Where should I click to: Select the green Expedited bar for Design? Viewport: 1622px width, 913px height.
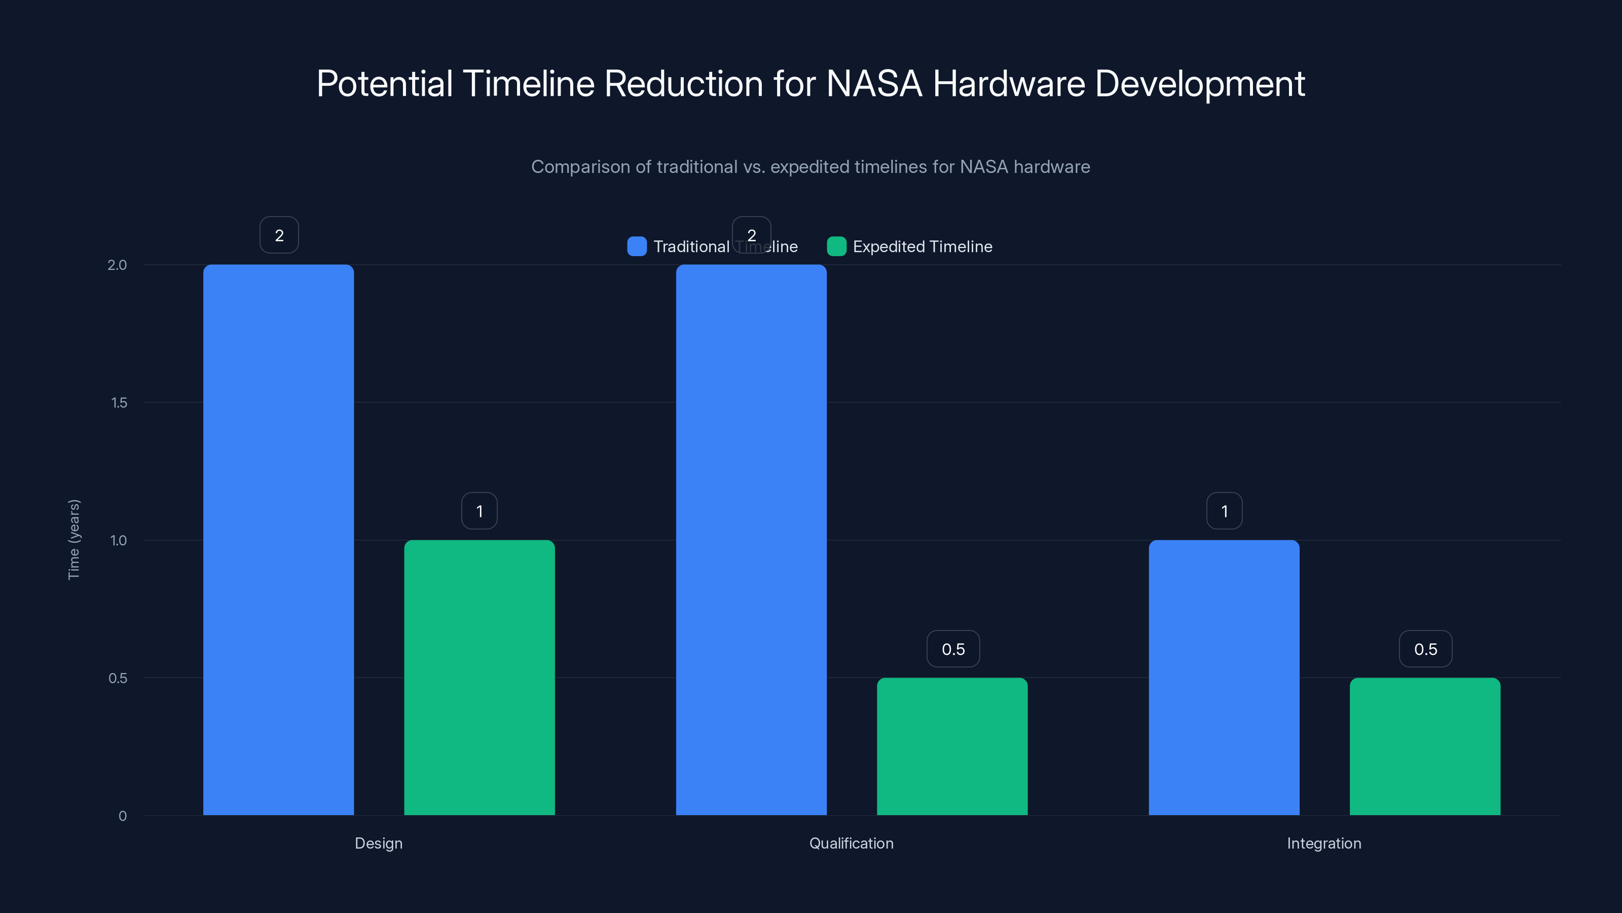(479, 677)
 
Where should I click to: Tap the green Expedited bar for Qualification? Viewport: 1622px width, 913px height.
(952, 746)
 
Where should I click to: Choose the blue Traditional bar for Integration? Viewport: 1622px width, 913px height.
(1224, 677)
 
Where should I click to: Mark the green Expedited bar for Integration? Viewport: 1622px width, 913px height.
(1425, 746)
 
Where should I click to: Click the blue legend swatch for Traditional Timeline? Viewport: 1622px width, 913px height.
(637, 247)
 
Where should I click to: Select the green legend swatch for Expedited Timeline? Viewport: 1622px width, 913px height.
(836, 247)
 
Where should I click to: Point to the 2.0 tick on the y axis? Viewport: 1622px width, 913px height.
(117, 265)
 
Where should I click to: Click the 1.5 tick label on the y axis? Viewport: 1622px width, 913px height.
(119, 403)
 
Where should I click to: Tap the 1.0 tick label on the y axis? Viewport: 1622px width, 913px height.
(119, 540)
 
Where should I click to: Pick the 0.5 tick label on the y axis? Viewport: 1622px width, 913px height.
(118, 678)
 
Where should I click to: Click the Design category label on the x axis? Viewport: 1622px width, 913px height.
(379, 843)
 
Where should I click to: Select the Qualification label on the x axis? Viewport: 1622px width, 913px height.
(852, 843)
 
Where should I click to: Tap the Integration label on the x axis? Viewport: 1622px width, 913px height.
(1324, 843)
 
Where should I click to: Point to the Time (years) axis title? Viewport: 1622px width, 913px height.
(73, 539)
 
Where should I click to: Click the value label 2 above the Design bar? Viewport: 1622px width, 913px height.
(279, 235)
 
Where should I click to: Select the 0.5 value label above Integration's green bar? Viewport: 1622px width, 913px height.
(1425, 649)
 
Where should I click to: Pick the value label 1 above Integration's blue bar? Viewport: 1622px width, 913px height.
(1224, 511)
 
